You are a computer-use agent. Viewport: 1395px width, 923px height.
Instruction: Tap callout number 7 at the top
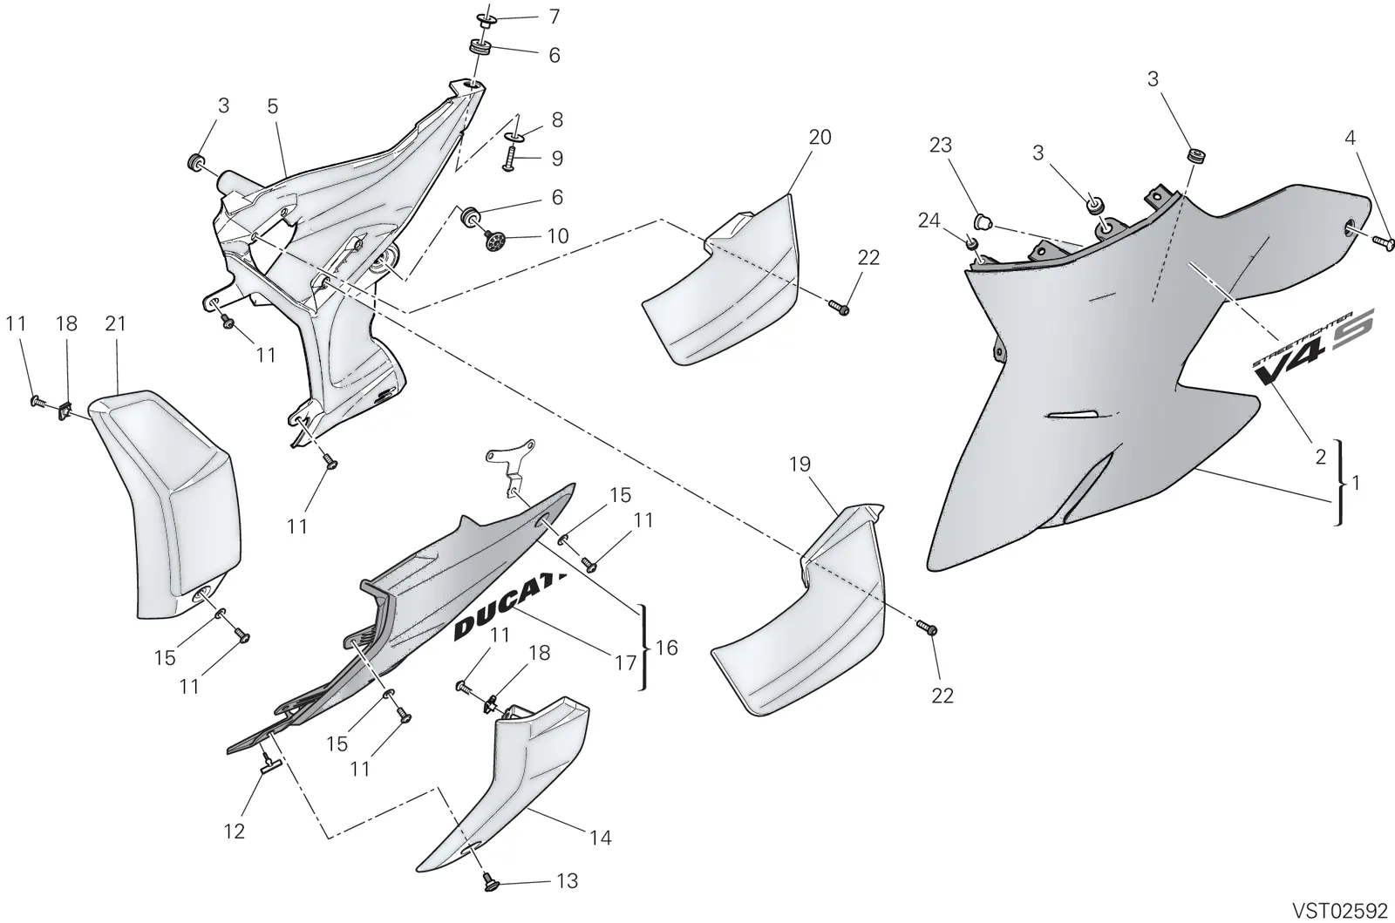pos(555,17)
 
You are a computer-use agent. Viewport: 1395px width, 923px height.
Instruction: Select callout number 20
pos(820,137)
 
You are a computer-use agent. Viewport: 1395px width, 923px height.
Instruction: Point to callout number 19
pos(800,465)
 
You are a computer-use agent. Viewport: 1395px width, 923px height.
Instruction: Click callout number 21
pos(115,323)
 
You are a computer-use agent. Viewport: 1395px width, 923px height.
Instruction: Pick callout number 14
pos(601,838)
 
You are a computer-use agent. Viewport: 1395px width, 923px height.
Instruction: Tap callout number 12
pos(235,831)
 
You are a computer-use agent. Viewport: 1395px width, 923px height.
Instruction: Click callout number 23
pos(941,145)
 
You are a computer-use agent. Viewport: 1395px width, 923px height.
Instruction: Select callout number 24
pos(929,221)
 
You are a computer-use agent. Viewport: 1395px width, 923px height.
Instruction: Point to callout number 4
pos(1350,138)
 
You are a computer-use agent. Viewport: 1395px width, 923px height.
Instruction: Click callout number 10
pos(558,236)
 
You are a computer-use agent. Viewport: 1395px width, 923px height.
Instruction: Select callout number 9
pos(557,159)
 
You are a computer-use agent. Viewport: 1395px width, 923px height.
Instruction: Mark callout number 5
pos(272,106)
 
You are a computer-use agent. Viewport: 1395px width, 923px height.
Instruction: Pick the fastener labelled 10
pos(494,238)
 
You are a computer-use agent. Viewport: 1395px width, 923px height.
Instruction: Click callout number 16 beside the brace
pos(666,648)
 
